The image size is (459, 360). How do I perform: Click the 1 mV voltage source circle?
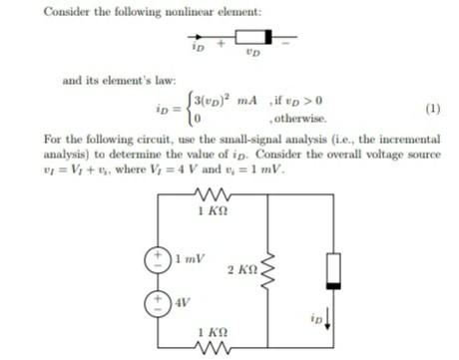158,257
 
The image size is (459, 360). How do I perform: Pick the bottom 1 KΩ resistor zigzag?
212,346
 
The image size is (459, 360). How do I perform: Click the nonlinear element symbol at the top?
247,38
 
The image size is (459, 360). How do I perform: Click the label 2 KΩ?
242,271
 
